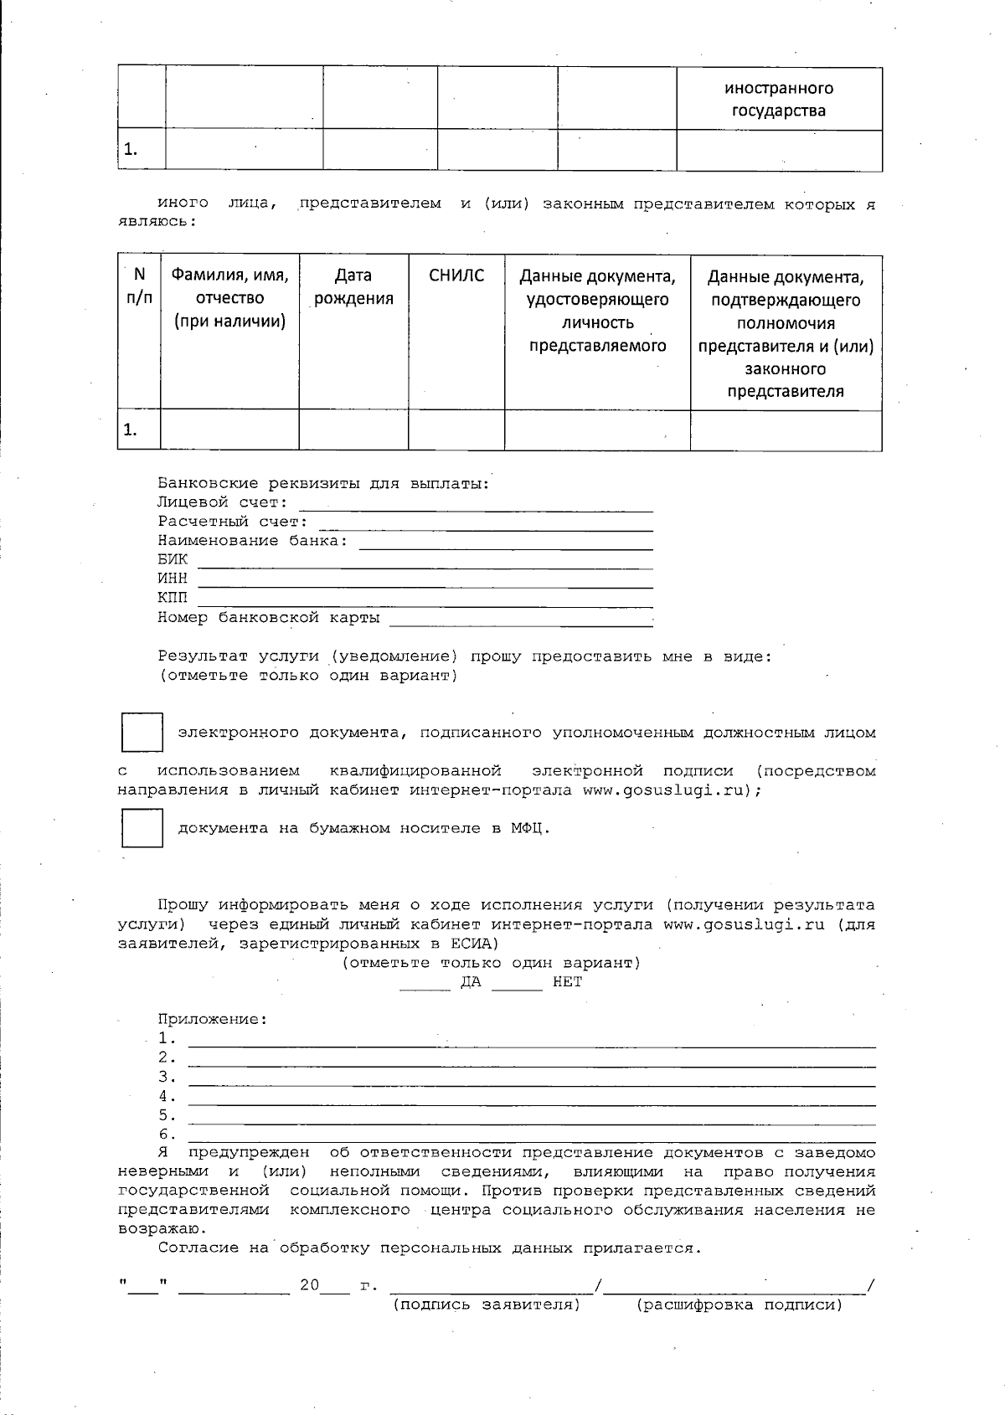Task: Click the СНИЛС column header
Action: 456,275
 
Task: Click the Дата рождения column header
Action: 353,287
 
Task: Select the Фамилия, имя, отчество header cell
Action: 230,297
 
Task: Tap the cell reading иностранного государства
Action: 779,100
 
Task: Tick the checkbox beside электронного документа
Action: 142,733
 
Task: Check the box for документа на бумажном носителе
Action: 142,828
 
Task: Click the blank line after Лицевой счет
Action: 476,506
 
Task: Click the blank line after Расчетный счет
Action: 486,525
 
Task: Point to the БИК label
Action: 173,559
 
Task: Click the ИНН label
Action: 173,579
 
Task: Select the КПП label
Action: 173,598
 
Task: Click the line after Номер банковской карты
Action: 521,621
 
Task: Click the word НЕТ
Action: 567,982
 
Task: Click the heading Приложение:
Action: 213,1019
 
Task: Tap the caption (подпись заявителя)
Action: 487,1304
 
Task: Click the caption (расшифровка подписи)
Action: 740,1304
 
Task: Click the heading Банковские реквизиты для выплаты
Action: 323,483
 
